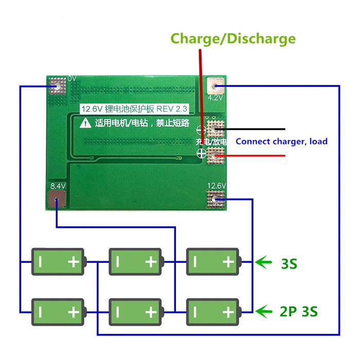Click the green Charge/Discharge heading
[233, 39]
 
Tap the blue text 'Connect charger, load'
[281, 141]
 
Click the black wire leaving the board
[252, 129]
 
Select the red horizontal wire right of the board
[252, 154]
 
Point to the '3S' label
[289, 264]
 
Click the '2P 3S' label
[299, 312]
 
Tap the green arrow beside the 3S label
[264, 263]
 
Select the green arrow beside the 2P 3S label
[264, 311]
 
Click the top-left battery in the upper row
[58, 262]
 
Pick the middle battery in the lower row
[135, 312]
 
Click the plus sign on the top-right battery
[228, 262]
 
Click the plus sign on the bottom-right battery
[228, 312]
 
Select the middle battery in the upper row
[135, 262]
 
